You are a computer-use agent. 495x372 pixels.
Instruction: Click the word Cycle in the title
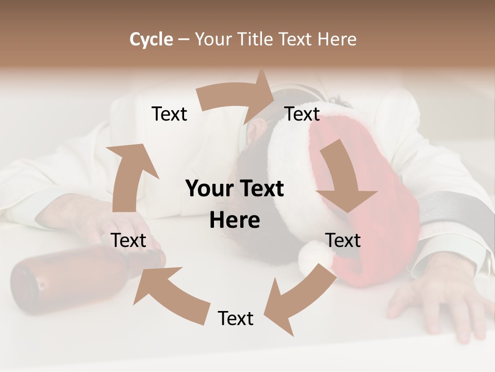(151, 39)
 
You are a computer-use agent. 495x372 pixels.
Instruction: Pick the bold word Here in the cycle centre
(235, 221)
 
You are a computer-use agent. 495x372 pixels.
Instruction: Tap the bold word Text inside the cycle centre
(259, 189)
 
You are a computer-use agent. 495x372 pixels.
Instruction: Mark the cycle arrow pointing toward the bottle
(170, 292)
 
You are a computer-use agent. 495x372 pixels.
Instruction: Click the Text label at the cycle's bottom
(236, 319)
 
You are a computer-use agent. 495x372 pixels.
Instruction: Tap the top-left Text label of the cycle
(170, 114)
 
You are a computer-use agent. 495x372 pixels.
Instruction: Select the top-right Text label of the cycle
(302, 114)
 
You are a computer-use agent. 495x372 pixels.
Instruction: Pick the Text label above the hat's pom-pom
(343, 240)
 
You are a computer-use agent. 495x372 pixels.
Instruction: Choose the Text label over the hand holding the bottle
(129, 240)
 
